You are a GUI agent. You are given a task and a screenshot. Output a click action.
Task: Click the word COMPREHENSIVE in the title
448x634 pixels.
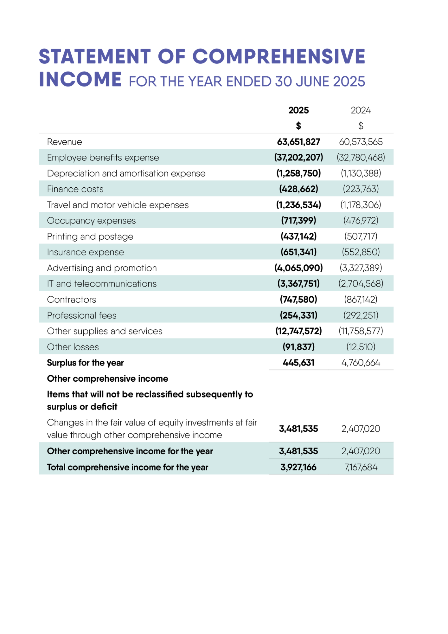[279, 56]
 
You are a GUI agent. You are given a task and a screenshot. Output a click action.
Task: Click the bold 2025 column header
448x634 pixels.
[298, 110]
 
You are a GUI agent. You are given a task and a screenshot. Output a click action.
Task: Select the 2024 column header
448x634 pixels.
[361, 110]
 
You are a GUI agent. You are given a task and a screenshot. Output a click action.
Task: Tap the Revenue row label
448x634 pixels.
[64, 142]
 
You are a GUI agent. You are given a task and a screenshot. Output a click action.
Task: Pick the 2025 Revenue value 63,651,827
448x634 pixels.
[298, 142]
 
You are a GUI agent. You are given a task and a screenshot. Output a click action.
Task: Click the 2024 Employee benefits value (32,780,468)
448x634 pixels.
[361, 157]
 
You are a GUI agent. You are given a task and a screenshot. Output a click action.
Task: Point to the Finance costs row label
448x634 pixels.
[75, 189]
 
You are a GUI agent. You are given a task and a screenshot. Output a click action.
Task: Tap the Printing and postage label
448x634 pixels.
[90, 236]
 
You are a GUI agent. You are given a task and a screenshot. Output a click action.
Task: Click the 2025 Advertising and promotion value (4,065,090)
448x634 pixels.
[298, 268]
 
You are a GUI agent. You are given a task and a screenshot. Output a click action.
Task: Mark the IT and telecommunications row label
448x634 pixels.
[102, 283]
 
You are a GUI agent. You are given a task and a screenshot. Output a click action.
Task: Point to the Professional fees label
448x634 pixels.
[82, 315]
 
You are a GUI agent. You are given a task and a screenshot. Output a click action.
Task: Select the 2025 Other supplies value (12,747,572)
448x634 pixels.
[298, 331]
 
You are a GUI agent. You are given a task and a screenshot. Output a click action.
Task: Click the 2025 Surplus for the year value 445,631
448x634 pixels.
[298, 363]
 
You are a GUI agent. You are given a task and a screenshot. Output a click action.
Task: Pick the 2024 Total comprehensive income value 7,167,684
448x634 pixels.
[361, 467]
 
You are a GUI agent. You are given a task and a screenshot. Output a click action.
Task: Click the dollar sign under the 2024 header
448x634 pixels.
[361, 126]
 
